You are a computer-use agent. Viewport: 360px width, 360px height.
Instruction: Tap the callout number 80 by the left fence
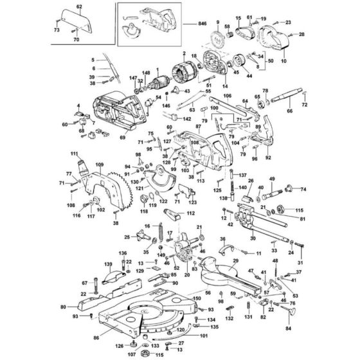tap(63, 307)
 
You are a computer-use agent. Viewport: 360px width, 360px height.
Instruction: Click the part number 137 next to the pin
tap(242, 175)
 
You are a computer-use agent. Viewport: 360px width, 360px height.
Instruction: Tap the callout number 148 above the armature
tap(146, 73)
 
